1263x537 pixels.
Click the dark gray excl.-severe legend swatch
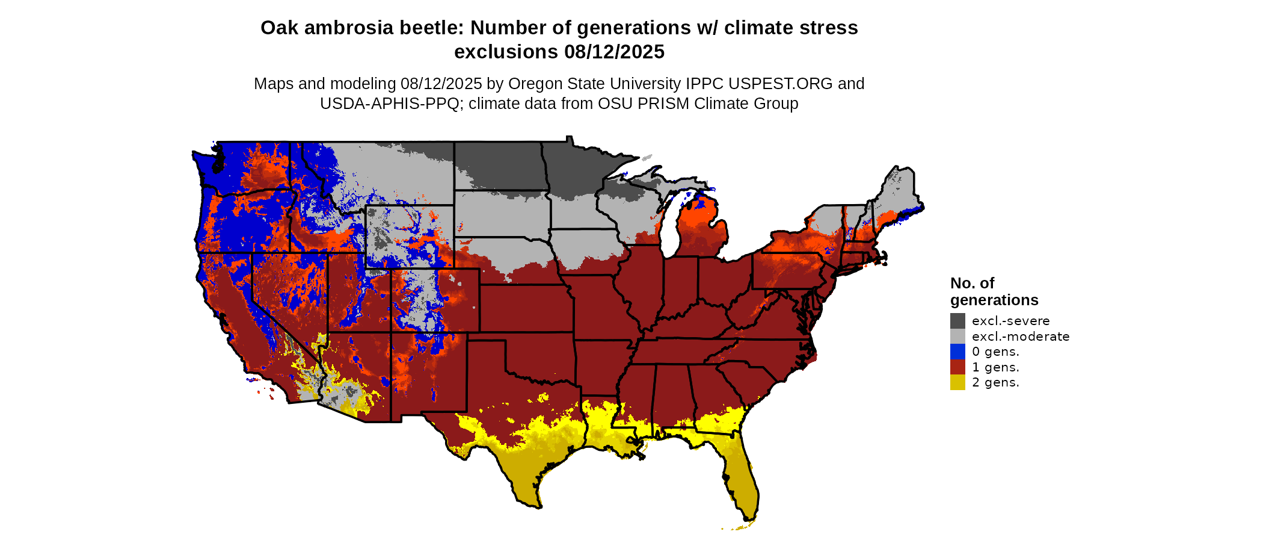957,321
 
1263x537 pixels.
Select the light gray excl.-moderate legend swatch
957,337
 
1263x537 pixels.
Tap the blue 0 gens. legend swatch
957,352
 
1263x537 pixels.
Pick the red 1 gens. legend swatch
957,367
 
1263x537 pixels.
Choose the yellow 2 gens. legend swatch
957,382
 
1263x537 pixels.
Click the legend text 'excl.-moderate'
1021,337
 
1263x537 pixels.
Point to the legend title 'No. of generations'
994,291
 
